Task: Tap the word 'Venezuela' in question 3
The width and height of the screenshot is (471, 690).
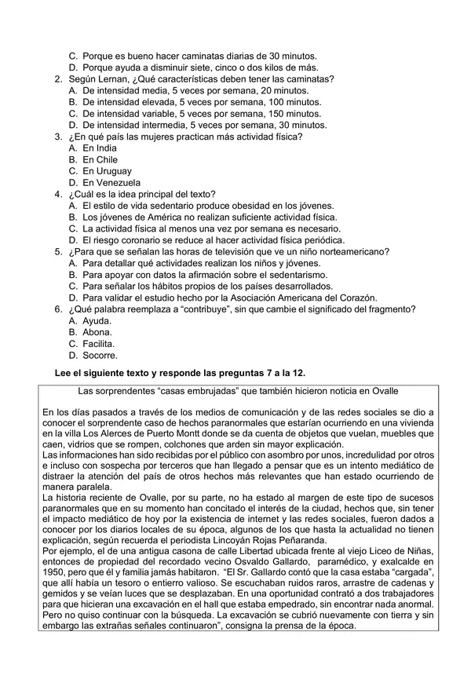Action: [119, 182]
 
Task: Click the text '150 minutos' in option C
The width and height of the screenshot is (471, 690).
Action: [300, 114]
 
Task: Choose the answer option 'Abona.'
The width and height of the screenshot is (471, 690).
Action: [97, 332]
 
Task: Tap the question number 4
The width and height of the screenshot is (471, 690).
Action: [58, 194]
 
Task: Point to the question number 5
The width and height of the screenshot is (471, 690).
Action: [58, 251]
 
